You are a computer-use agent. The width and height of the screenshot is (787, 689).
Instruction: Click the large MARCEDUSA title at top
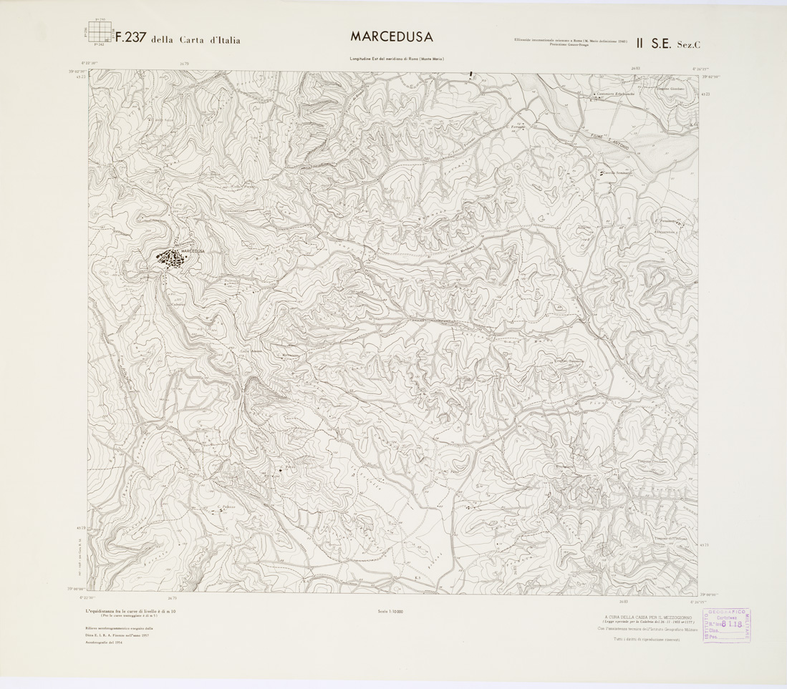pos(391,36)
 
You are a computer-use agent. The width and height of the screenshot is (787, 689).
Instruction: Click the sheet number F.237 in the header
pos(131,39)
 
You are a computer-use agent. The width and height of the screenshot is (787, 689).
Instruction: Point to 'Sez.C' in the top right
pos(689,44)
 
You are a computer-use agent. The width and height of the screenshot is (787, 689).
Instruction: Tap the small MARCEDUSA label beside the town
pos(193,251)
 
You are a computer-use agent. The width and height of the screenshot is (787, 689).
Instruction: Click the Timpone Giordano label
pos(671,89)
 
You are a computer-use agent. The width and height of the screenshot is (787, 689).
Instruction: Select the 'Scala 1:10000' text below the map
pos(390,611)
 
